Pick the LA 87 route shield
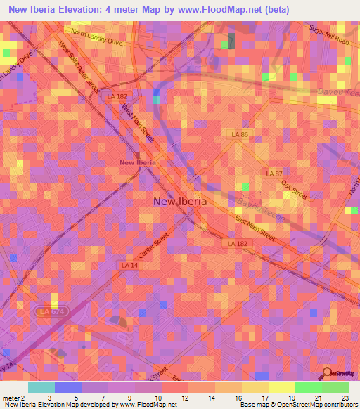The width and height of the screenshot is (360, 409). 274,173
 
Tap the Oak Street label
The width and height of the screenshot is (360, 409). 295,189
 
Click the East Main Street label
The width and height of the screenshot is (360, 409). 255,229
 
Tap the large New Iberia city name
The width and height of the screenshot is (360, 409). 180,201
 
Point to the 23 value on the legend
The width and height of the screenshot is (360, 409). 345,398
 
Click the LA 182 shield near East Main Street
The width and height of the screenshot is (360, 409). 236,243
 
